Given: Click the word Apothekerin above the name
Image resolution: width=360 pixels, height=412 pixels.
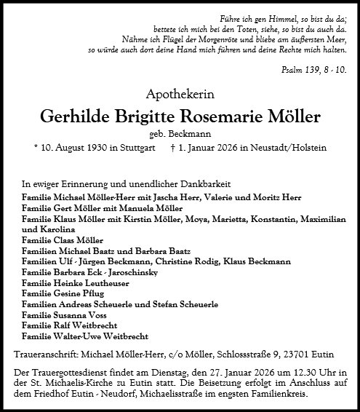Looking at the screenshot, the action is point(180,93).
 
